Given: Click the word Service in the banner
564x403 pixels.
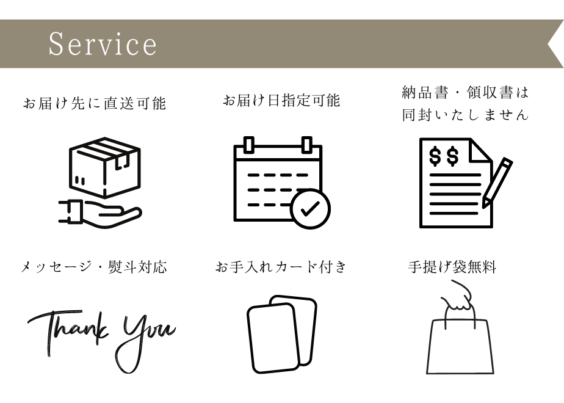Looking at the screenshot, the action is (103, 44).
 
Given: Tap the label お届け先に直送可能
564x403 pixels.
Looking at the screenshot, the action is (95, 103).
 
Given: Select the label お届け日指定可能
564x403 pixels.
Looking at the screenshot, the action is (281, 100).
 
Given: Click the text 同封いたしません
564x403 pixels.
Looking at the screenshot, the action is (465, 115).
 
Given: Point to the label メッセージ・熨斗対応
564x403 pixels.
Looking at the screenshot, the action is (94, 267).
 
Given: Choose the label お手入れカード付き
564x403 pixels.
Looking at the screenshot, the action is (281, 267).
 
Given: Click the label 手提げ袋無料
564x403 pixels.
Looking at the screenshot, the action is (452, 267).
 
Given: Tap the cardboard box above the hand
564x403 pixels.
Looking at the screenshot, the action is (104, 167).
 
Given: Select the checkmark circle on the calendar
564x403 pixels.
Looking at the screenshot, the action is (310, 209).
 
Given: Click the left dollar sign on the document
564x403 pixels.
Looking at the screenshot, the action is (435, 156).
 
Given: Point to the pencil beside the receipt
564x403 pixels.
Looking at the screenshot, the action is (497, 183).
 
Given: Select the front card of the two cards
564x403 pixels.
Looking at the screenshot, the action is (273, 338).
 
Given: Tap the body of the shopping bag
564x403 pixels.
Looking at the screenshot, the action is (460, 346).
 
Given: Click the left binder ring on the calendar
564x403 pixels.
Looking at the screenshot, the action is (249, 145).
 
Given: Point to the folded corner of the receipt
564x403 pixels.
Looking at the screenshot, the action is (480, 151).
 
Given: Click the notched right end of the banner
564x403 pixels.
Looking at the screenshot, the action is (555, 44).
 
